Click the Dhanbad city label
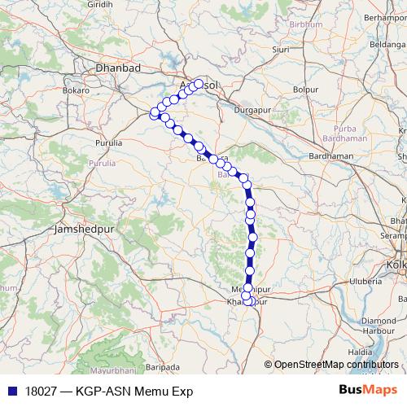[118, 68]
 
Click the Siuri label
[281, 49]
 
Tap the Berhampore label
[384, 16]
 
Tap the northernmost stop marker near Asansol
[198, 83]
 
